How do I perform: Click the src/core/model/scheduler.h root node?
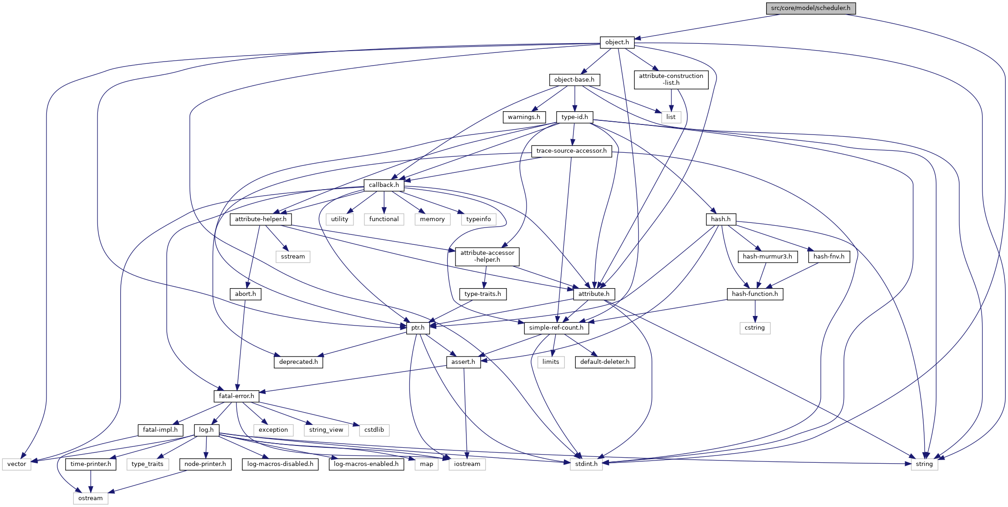pos(810,8)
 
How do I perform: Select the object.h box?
pos(617,42)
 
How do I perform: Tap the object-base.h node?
pos(574,80)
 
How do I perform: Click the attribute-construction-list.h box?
pos(671,79)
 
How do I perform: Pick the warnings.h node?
pos(524,117)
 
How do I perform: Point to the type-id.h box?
pos(574,117)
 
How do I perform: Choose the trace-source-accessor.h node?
pos(571,151)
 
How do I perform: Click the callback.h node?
pos(384,185)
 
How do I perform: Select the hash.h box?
pos(720,219)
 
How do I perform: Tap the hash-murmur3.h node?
pos(767,257)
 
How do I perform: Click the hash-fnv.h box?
pos(829,257)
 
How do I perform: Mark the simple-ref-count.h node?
pos(556,328)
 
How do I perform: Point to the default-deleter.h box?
pos(604,362)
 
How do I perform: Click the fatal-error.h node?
pos(236,396)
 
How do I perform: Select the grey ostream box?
pos(90,498)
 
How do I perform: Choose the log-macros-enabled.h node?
pos(366,464)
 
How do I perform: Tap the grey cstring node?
pos(754,328)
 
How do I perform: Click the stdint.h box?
pos(586,464)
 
